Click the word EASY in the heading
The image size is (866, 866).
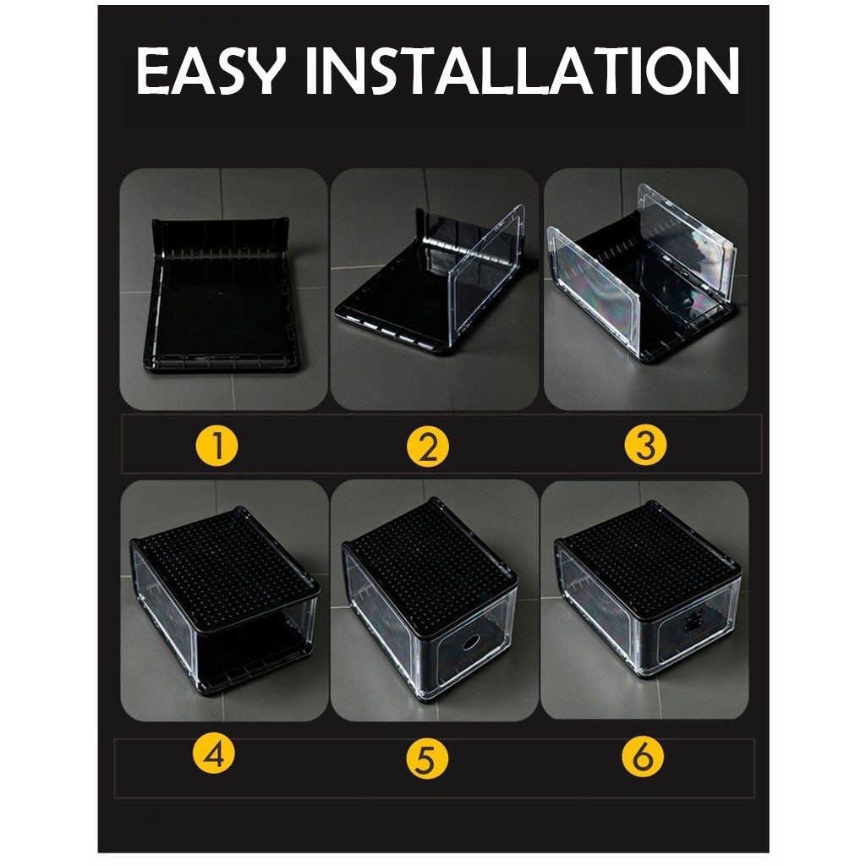point(211,70)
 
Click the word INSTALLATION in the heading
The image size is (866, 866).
point(522,71)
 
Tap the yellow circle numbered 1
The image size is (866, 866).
point(217,445)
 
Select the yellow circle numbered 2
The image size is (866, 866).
point(428,446)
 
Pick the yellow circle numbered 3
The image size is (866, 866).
point(645,445)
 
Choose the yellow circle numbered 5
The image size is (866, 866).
point(426,758)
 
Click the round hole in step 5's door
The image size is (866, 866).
point(471,643)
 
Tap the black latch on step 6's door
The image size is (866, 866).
point(690,626)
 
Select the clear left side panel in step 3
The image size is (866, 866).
point(593,290)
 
